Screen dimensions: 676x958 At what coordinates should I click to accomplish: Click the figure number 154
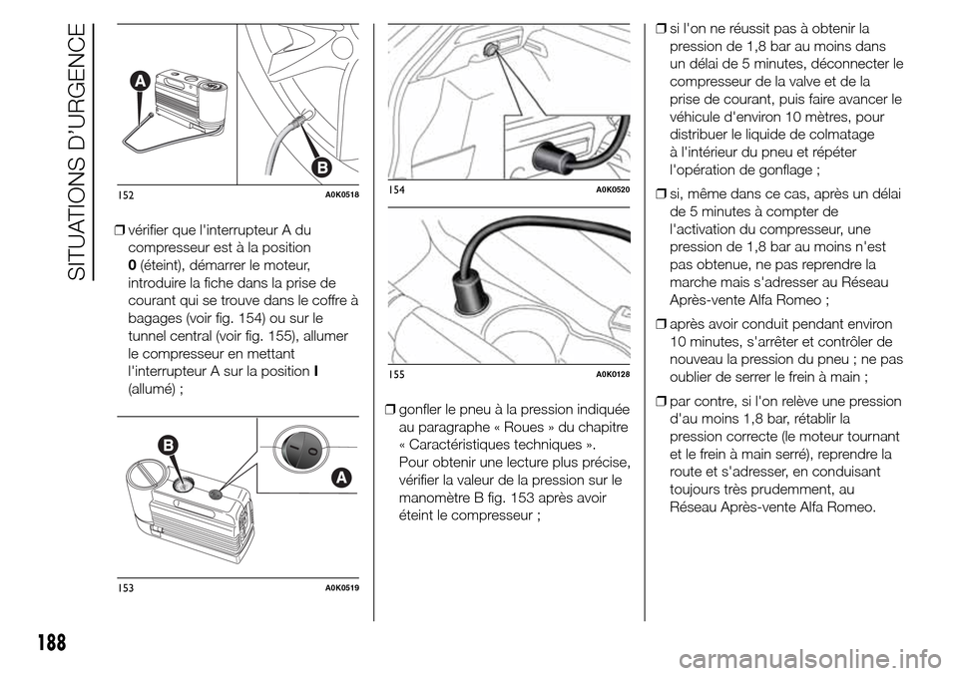pyautogui.click(x=395, y=189)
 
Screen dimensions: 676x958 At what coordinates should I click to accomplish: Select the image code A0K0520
pyautogui.click(x=613, y=189)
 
